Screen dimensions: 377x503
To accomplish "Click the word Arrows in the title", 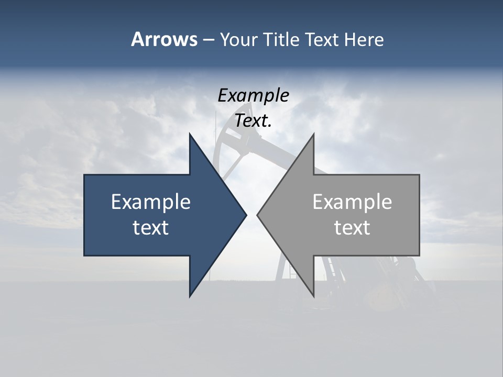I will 164,39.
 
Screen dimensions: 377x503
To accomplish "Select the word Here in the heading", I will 364,39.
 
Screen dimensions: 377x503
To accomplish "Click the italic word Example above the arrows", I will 253,95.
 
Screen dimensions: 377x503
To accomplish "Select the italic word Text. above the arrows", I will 253,121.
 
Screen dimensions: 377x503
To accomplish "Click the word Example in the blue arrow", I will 151,202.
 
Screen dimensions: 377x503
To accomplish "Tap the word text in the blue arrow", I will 151,228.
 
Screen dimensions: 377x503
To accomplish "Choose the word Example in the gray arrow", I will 352,202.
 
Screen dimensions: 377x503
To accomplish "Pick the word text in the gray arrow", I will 352,228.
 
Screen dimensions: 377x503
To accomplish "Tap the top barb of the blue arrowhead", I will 191,137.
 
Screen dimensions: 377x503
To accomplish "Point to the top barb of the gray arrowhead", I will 313,137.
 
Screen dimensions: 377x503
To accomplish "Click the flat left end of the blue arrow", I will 85,215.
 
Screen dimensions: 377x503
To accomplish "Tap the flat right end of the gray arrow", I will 419,215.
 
